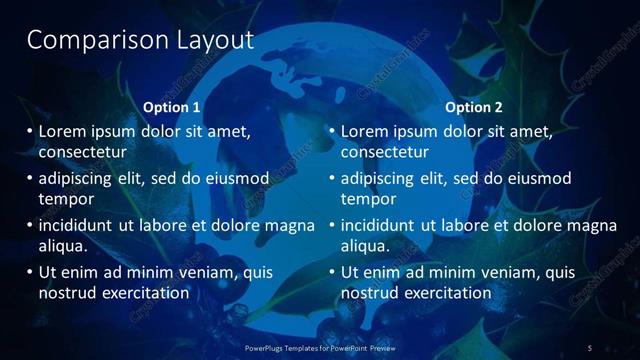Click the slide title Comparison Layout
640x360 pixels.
(x=140, y=41)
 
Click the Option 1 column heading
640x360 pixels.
(x=172, y=107)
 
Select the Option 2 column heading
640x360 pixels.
(x=474, y=107)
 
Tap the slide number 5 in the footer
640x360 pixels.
(x=590, y=347)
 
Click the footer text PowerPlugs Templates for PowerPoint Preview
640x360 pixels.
(x=320, y=347)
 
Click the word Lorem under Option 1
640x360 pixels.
(x=62, y=131)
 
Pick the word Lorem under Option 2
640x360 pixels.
(x=364, y=131)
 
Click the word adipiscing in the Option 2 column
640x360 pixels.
(x=379, y=178)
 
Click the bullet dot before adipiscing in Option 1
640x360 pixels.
(x=29, y=178)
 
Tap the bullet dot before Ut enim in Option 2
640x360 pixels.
(x=331, y=272)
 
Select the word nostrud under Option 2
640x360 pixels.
(x=368, y=293)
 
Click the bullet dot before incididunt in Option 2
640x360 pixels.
(x=331, y=225)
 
